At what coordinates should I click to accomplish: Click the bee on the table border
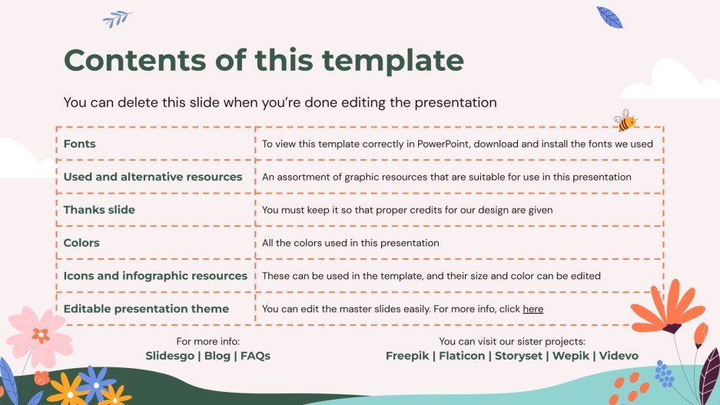click(625, 121)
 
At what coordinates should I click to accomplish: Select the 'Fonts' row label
click(79, 144)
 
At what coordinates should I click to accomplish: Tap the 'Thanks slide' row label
click(99, 210)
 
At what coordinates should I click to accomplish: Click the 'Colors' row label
click(81, 243)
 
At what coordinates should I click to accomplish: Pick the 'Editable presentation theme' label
click(146, 309)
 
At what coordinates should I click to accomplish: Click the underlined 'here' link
click(533, 309)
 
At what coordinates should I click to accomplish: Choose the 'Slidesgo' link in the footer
click(169, 356)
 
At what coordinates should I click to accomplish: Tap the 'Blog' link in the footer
click(217, 356)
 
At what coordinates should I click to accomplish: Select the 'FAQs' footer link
click(255, 356)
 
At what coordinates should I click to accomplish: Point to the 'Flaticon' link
click(462, 356)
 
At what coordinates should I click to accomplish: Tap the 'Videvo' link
click(619, 356)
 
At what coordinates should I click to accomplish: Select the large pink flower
click(37, 335)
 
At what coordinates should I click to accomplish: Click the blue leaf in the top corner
click(609, 17)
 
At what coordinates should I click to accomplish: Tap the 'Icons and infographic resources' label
click(155, 276)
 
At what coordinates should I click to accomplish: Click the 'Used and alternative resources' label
click(153, 177)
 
